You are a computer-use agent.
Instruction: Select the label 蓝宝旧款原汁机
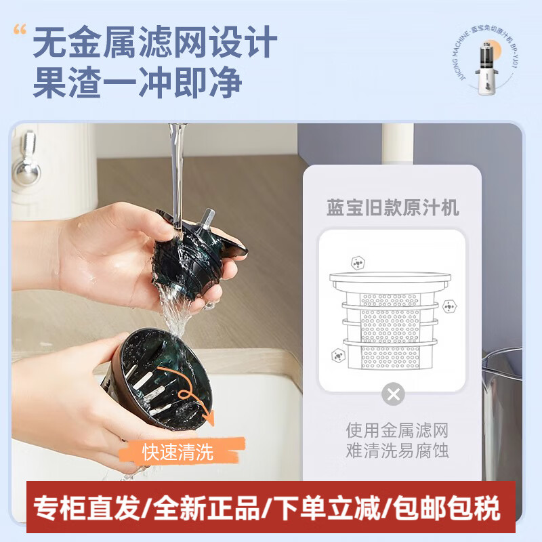pos(392,207)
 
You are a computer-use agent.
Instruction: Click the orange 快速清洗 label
pos(178,452)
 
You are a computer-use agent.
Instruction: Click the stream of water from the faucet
pos(178,169)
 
